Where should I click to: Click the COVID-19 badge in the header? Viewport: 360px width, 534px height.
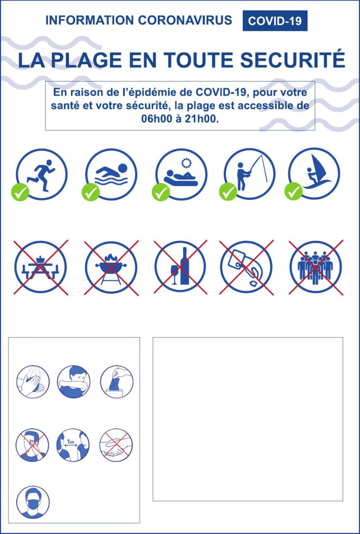275,21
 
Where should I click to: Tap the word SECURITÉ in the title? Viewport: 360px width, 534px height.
293,60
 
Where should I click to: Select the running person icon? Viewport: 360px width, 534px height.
42,174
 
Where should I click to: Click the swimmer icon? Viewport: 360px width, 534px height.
111,174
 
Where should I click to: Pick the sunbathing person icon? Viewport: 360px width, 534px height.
181,174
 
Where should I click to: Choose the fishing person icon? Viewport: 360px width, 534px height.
249,174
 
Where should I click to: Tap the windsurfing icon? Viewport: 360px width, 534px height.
314,174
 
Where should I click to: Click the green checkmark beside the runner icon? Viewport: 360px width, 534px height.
20,192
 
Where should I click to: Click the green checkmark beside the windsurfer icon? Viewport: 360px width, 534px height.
293,192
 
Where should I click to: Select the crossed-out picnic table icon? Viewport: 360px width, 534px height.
41,267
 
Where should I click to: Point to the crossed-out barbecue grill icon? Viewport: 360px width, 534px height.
111,267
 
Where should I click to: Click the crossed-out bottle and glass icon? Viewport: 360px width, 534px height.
180,267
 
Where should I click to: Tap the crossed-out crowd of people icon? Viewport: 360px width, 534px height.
315,267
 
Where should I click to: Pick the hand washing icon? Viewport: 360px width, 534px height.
33,382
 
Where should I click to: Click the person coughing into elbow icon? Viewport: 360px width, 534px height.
74,382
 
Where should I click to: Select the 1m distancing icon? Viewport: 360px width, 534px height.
73,444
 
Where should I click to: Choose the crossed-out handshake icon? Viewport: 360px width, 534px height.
116,444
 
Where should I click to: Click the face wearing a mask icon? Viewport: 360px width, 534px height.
33,502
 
